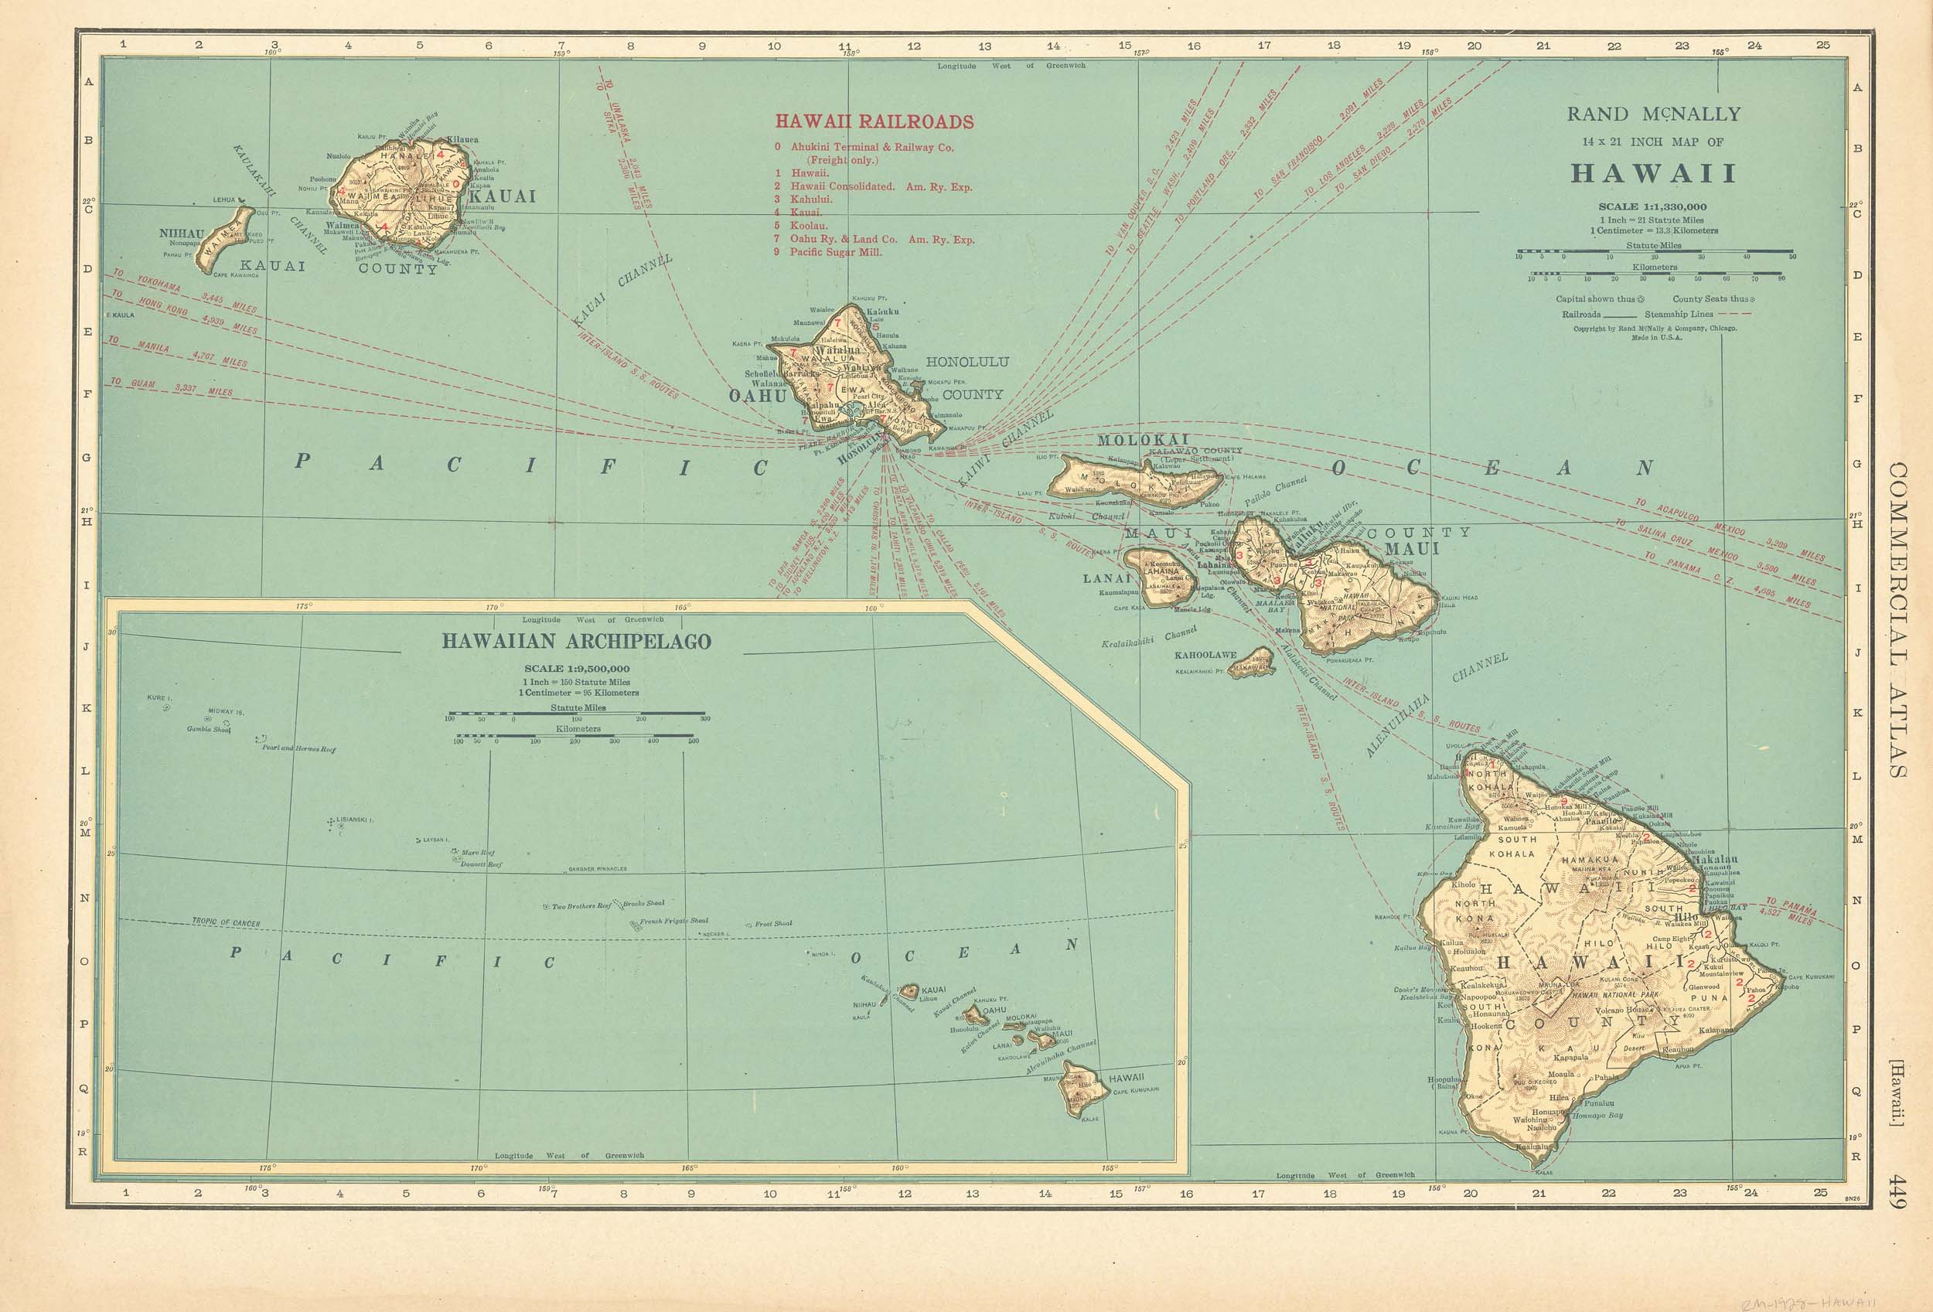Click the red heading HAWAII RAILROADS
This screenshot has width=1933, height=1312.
tap(874, 122)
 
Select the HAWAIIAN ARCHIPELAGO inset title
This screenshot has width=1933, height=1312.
tap(575, 642)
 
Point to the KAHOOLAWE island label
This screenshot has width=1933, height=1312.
tap(1205, 655)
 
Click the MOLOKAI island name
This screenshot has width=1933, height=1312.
tap(1144, 440)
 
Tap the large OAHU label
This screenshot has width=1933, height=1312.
tap(757, 397)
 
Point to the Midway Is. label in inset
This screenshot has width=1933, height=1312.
tap(227, 713)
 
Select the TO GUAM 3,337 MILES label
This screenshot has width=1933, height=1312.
tap(171, 387)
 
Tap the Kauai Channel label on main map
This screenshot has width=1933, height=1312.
tap(622, 291)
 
